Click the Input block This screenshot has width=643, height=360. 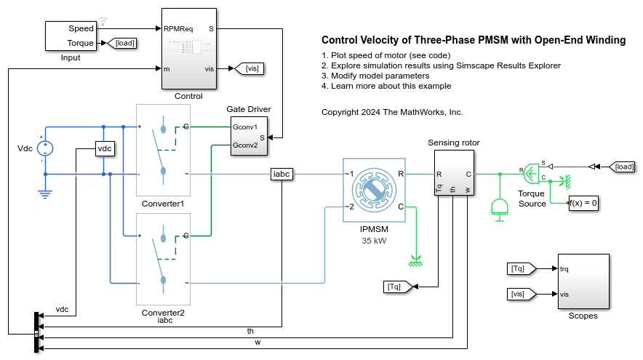(71, 36)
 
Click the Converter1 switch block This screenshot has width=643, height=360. (163, 150)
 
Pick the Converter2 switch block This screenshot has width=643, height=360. (163, 259)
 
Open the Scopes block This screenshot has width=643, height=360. (583, 281)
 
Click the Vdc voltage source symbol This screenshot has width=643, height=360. (46, 148)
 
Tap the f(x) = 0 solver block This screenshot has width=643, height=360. (583, 204)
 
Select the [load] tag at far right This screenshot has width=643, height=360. (623, 167)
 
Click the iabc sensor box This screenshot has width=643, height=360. (281, 174)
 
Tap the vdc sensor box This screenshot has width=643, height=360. (105, 148)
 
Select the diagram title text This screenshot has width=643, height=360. (473, 41)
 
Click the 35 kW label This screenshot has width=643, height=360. (372, 239)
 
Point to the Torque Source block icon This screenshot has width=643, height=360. (532, 173)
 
